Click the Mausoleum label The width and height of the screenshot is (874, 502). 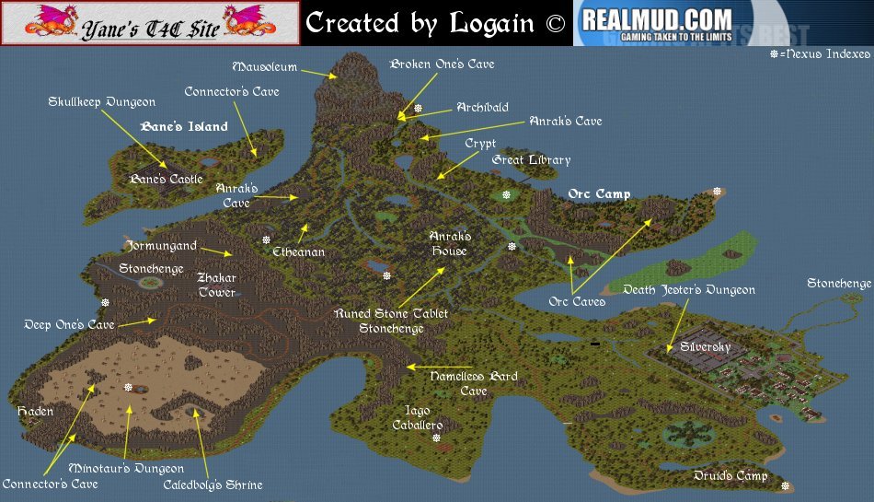265,67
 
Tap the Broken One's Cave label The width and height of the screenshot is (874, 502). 442,64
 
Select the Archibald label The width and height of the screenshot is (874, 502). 482,108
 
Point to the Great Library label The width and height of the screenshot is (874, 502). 531,160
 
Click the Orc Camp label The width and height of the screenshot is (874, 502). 599,194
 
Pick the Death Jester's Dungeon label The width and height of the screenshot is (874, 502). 689,290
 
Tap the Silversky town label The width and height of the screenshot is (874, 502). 706,347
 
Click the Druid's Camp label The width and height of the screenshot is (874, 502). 730,475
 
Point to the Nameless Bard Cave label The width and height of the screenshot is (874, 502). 474,383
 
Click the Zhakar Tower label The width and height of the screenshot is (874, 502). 217,285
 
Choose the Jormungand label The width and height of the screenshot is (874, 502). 162,246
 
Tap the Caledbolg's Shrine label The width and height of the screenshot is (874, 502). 213,484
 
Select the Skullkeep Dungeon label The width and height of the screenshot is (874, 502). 101,102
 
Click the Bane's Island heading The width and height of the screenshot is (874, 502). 183,127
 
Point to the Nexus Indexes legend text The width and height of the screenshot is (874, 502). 824,55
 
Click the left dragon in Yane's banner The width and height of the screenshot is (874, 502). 32,21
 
